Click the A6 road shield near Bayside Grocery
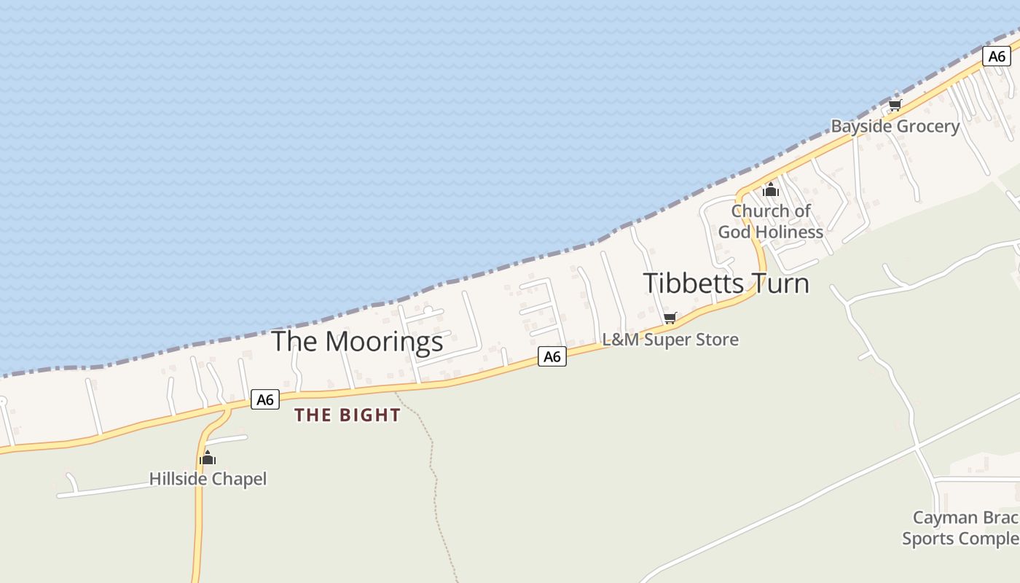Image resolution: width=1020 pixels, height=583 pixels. [x=996, y=56]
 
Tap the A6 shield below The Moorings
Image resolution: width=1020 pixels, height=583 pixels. [x=552, y=356]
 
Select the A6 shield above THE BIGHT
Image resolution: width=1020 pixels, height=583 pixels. [x=265, y=399]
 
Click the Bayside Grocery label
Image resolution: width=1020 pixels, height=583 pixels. [x=895, y=126]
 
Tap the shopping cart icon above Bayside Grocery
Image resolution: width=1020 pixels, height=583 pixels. [x=895, y=106]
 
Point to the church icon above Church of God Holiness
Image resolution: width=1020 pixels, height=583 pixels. [x=771, y=190]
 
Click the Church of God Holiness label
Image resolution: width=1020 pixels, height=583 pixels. [x=771, y=222]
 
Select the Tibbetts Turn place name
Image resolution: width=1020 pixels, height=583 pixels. [x=726, y=283]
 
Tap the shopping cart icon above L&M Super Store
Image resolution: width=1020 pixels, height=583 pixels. [x=670, y=318]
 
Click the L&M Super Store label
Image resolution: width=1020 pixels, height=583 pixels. [x=670, y=340]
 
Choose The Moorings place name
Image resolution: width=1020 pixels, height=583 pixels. [x=357, y=341]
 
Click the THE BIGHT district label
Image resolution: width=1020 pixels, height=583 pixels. [x=348, y=415]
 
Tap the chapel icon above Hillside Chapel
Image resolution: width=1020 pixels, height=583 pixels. [x=208, y=458]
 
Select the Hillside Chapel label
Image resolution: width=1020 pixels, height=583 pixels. [x=208, y=479]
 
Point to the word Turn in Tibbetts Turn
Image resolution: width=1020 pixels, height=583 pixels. [x=779, y=283]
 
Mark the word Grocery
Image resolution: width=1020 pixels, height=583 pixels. [x=927, y=126]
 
